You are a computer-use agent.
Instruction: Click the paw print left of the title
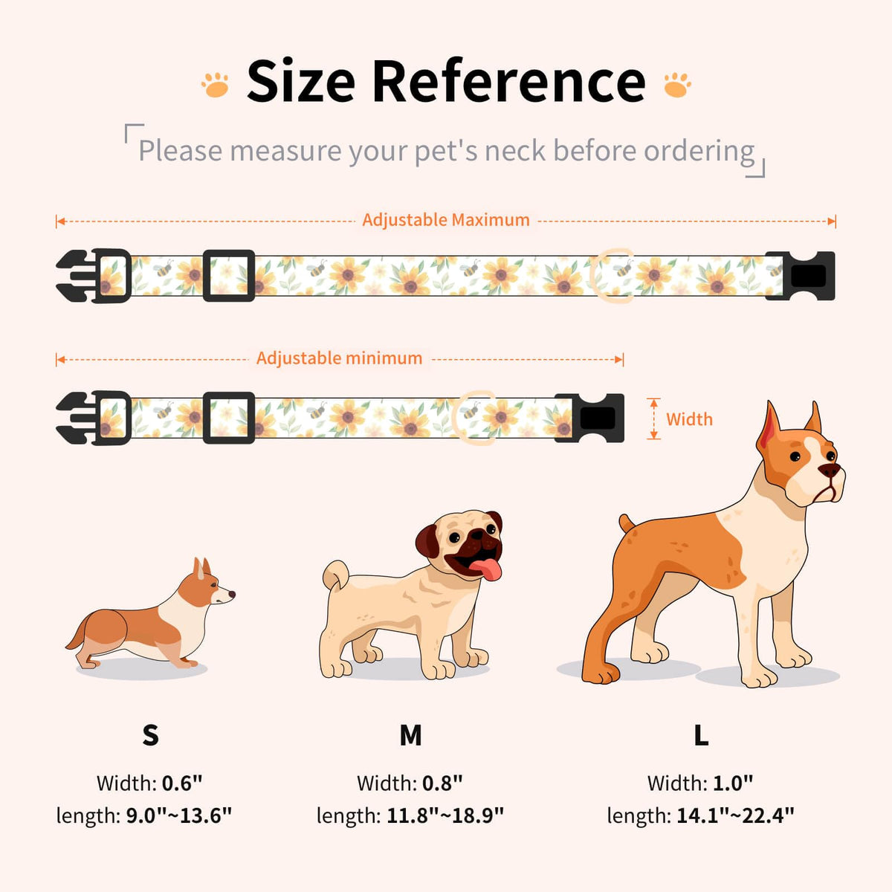[x=216, y=85]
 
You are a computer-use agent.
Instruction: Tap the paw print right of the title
[x=677, y=85]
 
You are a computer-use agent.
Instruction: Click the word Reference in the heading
[x=508, y=81]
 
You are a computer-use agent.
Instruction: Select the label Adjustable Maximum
[x=446, y=220]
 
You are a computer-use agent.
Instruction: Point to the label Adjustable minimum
[x=339, y=358]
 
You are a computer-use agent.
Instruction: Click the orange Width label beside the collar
[x=689, y=419]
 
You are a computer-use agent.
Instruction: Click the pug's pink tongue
[x=486, y=570]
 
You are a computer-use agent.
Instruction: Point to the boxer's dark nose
[x=829, y=471]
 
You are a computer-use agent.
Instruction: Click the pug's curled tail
[x=335, y=575]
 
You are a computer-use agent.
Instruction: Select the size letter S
[x=150, y=734]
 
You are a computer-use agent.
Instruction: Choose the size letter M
[x=410, y=735]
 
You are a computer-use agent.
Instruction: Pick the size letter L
[x=701, y=735]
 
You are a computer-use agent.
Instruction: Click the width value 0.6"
[x=182, y=783]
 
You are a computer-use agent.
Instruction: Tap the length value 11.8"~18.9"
[x=445, y=816]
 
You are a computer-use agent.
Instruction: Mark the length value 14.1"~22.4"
[x=736, y=816]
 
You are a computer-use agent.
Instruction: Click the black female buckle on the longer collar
[x=800, y=276]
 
